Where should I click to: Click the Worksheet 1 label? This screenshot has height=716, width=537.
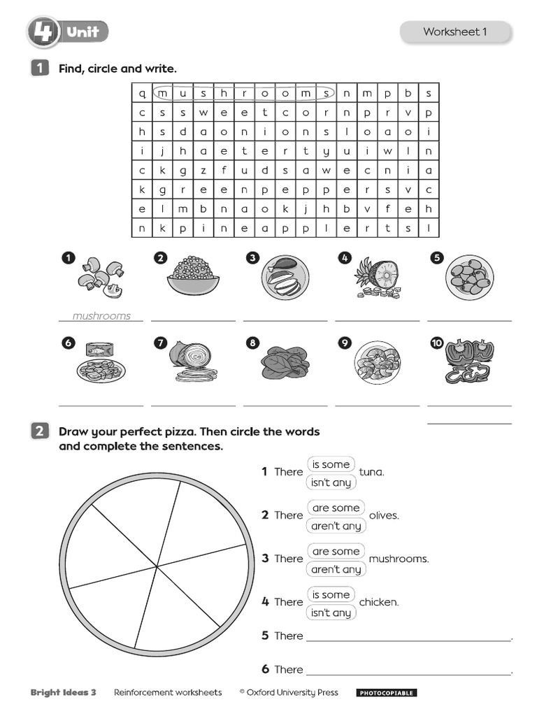point(455,31)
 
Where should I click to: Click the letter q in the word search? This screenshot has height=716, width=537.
point(142,93)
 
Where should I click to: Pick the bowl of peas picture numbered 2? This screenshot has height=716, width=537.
point(193,277)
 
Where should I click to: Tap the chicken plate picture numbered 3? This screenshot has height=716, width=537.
point(285,278)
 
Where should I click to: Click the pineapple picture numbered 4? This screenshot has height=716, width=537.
point(377,278)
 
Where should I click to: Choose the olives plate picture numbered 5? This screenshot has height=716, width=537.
point(470,278)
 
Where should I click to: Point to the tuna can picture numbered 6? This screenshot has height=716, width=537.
point(101,363)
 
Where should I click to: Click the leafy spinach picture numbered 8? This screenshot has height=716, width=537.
point(285,361)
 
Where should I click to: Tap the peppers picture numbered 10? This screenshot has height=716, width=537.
point(470,361)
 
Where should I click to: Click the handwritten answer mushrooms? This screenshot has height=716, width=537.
point(101,316)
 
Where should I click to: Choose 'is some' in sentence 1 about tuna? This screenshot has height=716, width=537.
point(331,464)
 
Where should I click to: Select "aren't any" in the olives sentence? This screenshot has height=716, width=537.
point(336,526)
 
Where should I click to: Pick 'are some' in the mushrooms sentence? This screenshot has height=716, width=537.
point(336,551)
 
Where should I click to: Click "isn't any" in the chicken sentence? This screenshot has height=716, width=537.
point(331,613)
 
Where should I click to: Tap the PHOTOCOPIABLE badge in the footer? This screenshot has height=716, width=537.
point(387,693)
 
